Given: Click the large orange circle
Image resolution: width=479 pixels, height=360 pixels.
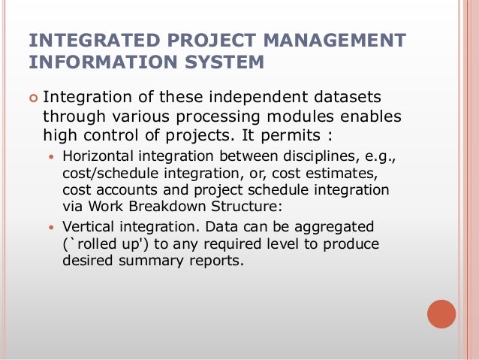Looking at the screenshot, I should (441, 314).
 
